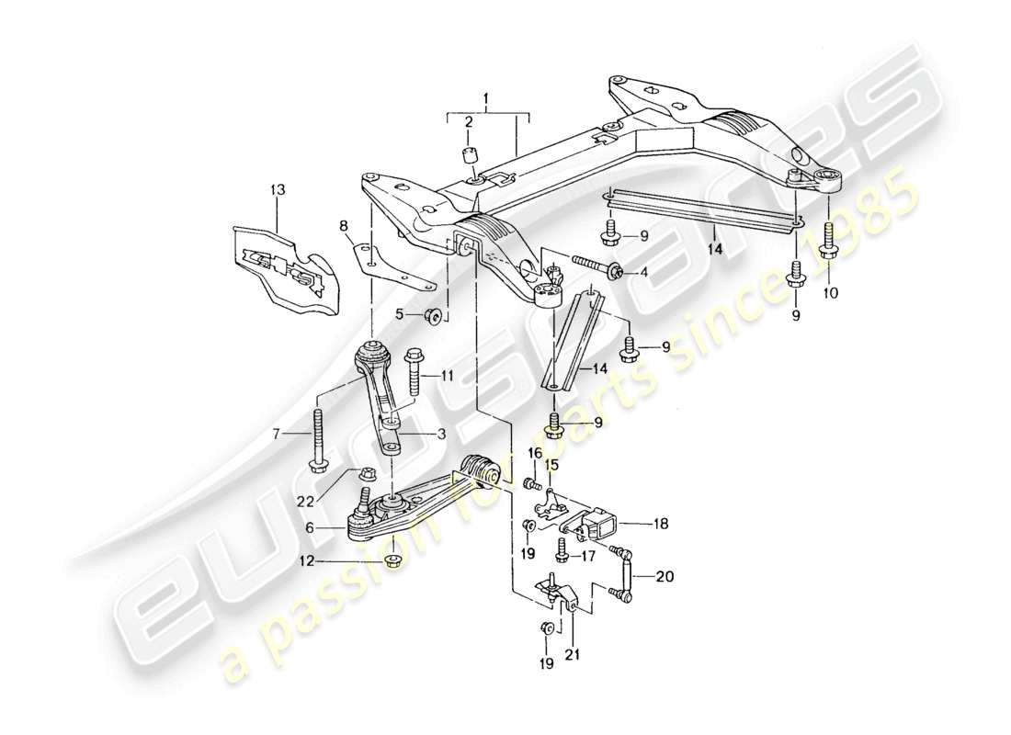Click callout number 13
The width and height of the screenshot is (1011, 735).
point(278,189)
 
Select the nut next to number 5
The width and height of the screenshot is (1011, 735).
point(436,318)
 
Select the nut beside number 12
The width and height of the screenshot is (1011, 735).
point(392,560)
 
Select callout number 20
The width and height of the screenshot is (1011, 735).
point(665,577)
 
